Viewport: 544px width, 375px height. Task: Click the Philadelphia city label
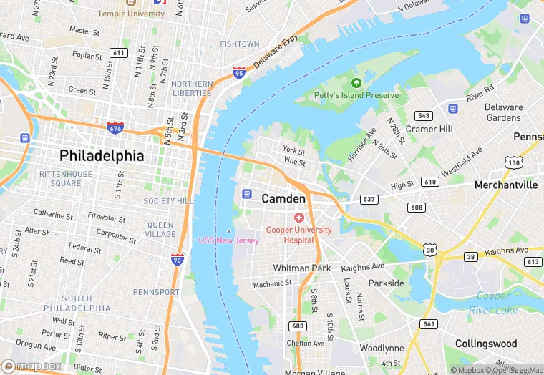102,155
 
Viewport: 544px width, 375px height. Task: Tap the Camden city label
283,198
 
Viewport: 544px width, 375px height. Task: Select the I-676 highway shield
115,127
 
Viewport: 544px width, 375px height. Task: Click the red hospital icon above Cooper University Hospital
299,217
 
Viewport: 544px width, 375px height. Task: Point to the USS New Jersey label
229,240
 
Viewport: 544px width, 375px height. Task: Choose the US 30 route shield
429,249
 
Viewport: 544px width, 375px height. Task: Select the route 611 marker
118,53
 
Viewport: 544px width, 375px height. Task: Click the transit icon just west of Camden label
247,193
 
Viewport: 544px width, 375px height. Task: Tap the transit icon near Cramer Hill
452,109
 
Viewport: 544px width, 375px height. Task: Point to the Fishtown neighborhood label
240,44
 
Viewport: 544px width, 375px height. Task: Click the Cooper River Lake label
494,303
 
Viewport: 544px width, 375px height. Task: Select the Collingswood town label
485,344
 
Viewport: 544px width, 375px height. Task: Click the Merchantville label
506,185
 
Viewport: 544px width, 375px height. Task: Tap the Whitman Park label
302,268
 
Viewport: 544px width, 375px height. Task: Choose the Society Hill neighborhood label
168,201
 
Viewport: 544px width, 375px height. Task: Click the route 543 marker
424,115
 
